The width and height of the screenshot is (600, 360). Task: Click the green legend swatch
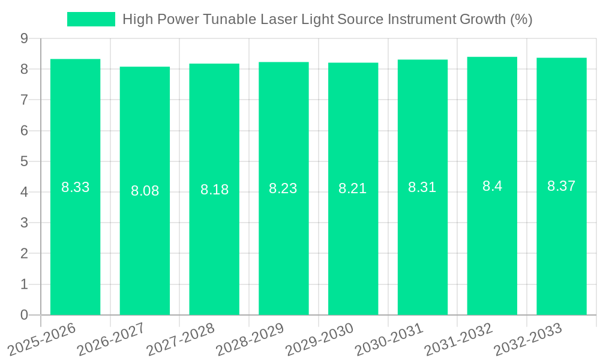coord(91,19)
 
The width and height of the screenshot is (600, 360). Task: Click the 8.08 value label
coord(145,191)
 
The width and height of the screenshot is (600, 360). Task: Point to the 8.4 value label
coord(492,186)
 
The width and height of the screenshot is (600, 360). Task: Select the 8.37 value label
coord(561,186)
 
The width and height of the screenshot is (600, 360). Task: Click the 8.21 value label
coord(352,188)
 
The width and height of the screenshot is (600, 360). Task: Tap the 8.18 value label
coord(214,190)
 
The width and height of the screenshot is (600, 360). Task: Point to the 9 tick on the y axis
coord(24,38)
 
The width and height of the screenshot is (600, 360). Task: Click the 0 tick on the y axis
coord(24,315)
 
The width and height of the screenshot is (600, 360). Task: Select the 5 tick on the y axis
coord(24,161)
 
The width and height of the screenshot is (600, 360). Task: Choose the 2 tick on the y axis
coord(24,254)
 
